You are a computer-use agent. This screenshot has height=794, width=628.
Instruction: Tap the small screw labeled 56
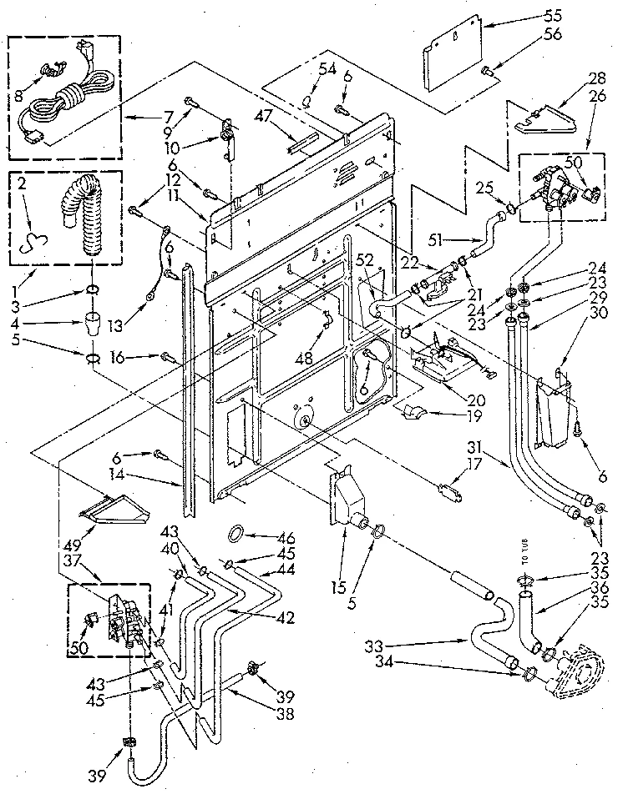click(487, 70)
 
